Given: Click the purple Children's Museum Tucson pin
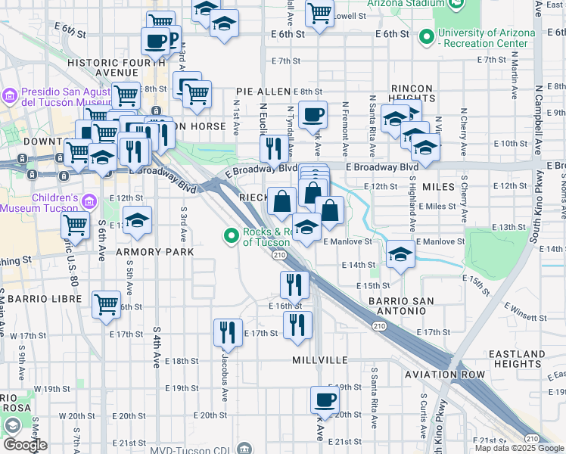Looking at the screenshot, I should [90, 201].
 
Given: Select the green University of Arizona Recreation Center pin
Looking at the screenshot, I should [426, 36].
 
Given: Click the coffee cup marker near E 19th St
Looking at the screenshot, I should [325, 399].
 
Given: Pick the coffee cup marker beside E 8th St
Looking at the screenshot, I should [312, 115].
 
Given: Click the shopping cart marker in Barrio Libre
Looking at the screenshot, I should [106, 303].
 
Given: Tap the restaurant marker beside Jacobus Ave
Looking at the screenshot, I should [227, 331].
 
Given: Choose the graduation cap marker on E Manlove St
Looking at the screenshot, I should [400, 254].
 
